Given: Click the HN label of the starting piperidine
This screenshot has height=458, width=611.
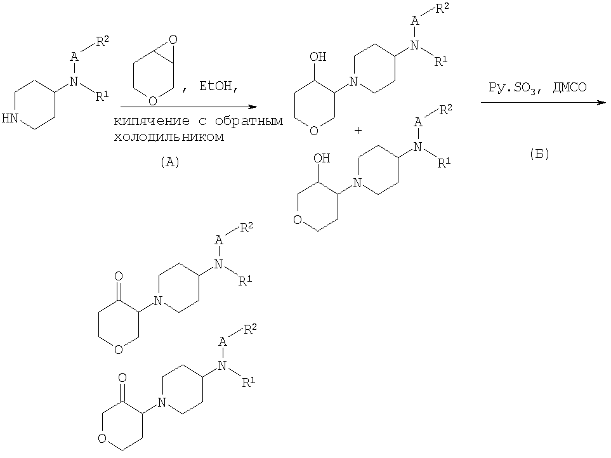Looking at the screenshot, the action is (10, 119).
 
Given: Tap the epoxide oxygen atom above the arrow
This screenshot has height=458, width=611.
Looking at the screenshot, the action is (173, 40).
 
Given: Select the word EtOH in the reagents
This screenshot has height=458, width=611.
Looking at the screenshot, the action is (216, 86).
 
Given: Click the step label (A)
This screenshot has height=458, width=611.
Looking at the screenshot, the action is (169, 162).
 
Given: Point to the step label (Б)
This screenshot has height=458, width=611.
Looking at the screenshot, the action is (539, 154).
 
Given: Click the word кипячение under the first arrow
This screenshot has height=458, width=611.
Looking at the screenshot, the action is (152, 121).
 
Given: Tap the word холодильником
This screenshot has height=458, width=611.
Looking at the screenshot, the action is (169, 137).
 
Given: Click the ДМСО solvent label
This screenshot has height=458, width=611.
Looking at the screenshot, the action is (569, 87).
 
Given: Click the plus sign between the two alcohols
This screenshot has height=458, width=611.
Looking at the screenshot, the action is (358, 131).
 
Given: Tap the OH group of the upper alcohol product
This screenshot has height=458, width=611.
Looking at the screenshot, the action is (318, 57).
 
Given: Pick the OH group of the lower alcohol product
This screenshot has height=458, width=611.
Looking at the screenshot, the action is (322, 158).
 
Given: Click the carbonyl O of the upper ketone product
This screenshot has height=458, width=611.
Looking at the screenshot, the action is (119, 277).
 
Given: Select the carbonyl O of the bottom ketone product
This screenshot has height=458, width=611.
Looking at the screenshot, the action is (122, 377).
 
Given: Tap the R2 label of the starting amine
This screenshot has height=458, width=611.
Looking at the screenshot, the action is (103, 41).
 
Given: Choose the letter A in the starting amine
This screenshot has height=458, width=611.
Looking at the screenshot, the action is (74, 57).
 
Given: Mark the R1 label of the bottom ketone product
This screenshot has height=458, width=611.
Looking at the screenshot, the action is (249, 383).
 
